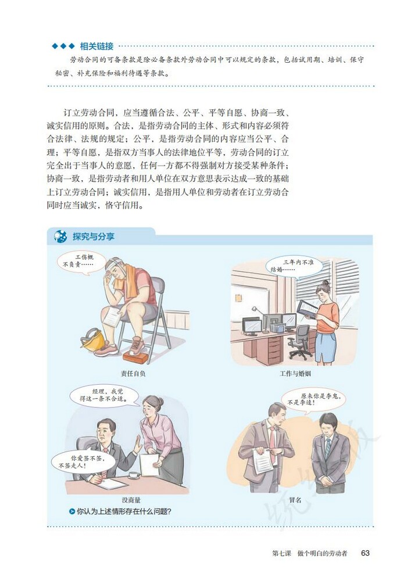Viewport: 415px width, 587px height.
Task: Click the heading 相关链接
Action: pyautogui.click(x=96, y=46)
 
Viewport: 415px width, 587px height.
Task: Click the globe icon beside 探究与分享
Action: pyautogui.click(x=60, y=237)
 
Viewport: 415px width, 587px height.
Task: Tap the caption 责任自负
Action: pyautogui.click(x=133, y=373)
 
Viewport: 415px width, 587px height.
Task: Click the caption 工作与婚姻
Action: pyautogui.click(x=295, y=373)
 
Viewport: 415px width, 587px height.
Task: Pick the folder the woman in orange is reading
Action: pyautogui.click(x=307, y=307)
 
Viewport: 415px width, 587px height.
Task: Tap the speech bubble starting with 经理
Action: pyautogui.click(x=103, y=396)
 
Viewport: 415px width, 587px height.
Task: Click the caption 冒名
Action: pyautogui.click(x=295, y=499)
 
